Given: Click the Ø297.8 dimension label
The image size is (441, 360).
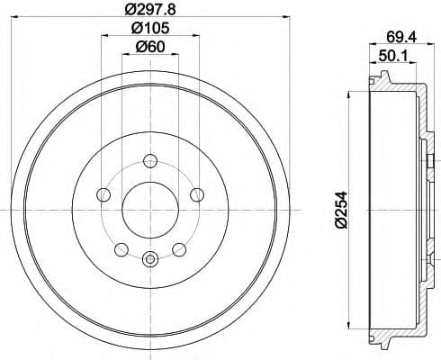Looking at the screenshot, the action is point(150,9).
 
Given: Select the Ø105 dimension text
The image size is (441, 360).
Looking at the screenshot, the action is point(150,28).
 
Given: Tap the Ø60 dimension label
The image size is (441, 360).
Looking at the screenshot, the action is point(150,47).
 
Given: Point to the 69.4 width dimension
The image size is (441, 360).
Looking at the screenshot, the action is point(401,37).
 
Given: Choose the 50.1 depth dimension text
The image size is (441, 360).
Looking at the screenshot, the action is point(393,56).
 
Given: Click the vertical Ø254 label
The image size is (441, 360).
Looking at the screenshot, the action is point(341,210).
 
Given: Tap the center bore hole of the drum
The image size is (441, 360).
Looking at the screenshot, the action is point(150,210).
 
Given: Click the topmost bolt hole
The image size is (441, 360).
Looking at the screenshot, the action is point(150,161).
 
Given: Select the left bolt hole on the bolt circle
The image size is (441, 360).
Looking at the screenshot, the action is point(103,194).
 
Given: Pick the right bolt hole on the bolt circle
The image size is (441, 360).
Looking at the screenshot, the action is point(197,194).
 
